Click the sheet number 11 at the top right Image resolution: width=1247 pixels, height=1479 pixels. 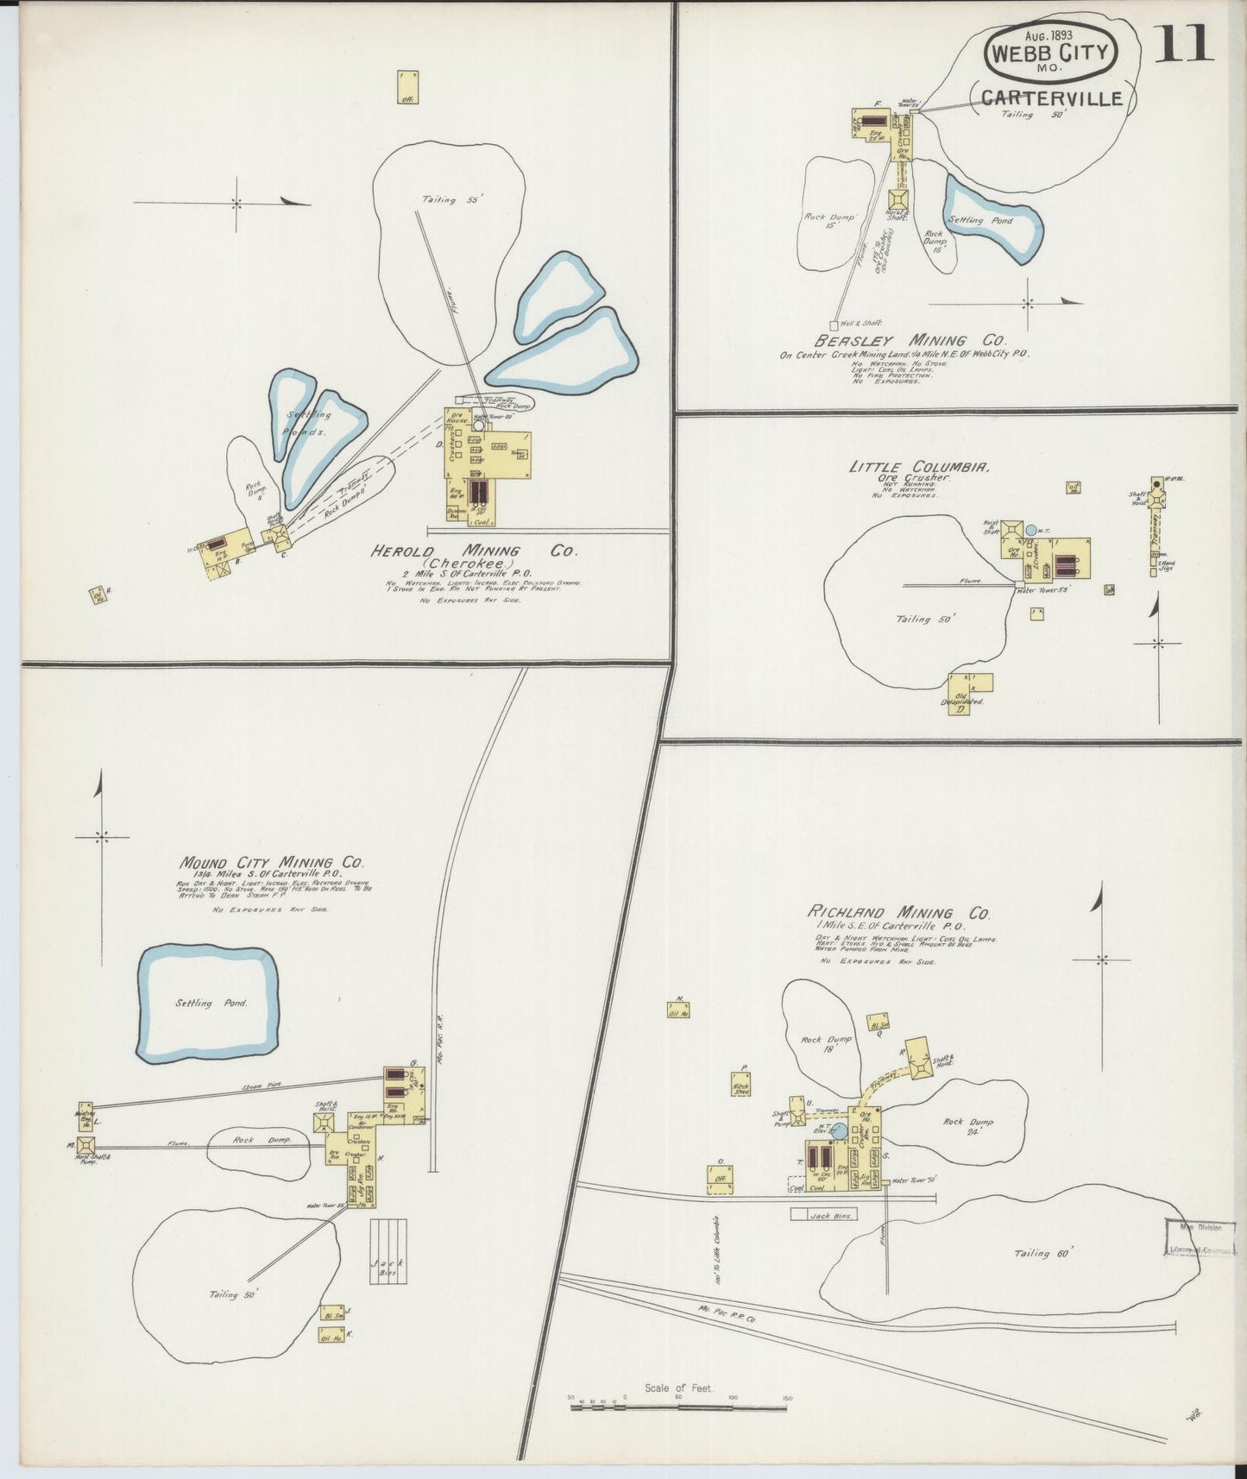[x=1186, y=43]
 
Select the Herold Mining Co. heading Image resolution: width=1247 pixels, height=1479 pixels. [x=474, y=551]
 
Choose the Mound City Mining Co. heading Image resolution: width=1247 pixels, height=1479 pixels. [x=271, y=862]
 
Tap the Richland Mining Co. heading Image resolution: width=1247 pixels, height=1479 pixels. [x=897, y=912]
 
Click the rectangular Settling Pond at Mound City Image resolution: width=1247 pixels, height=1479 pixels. [x=208, y=1003]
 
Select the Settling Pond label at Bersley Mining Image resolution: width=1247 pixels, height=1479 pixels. [x=980, y=220]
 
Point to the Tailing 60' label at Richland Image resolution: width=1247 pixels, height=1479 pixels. [x=1042, y=1254]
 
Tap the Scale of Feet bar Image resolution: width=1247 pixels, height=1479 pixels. [x=678, y=1407]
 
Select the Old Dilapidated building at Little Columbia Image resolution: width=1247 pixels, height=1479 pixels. [x=970, y=691]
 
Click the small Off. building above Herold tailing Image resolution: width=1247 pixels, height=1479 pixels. [x=407, y=87]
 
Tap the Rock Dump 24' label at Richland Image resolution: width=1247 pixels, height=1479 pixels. [x=967, y=1127]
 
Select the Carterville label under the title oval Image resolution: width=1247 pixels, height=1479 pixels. [x=1051, y=98]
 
